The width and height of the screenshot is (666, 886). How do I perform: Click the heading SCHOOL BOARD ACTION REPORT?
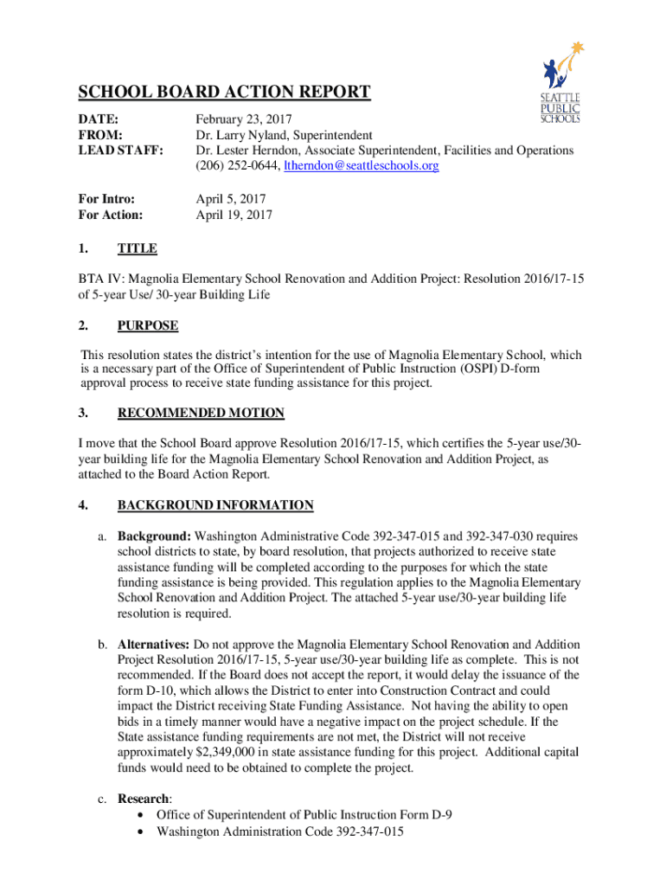224,93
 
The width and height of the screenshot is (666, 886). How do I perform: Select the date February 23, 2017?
245,119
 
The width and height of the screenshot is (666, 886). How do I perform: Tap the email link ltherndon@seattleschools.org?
362,166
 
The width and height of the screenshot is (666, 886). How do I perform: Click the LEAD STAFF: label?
120,151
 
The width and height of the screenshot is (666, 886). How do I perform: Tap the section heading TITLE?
137,249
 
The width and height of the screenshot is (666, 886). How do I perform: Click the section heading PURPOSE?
148,326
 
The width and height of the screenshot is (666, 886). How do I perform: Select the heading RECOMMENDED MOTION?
201,414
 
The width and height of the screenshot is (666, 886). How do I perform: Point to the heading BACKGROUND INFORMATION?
215,505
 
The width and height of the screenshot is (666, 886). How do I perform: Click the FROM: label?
100,135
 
